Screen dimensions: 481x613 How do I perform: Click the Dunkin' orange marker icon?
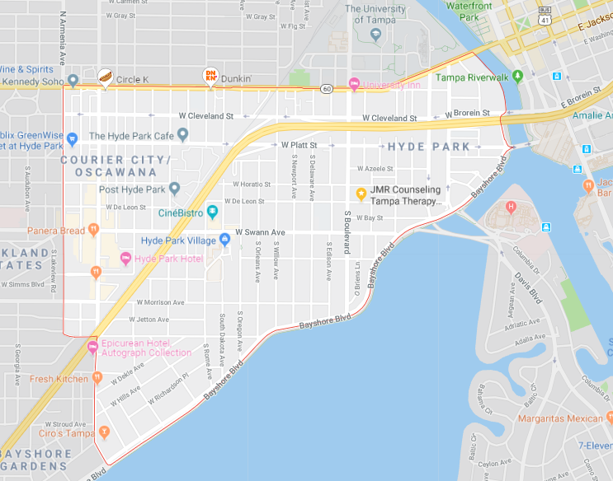coord(211,77)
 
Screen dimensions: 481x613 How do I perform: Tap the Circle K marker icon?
coord(104,77)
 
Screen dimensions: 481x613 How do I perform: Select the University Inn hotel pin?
coord(354,83)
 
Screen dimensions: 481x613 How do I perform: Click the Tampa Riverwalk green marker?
coord(518,77)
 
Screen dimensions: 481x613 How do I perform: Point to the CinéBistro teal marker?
coord(212,212)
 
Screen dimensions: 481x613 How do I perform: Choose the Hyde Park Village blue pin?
coord(224,240)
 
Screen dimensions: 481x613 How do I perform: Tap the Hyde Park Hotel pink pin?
coord(125,259)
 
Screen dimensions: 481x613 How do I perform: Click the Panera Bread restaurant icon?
coord(96,230)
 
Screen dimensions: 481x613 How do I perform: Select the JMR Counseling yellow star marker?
coord(361,194)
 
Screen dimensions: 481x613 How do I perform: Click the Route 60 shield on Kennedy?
coord(328,89)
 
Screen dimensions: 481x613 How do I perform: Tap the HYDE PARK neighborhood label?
coord(429,147)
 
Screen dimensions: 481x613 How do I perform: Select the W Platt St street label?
coord(299,145)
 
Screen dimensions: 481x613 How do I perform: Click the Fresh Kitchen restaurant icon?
coord(97,378)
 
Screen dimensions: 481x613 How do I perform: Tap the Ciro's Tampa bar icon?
coord(103,432)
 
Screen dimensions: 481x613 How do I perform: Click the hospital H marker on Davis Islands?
coord(511,206)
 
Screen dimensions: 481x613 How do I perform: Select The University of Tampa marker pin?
coord(376,34)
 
